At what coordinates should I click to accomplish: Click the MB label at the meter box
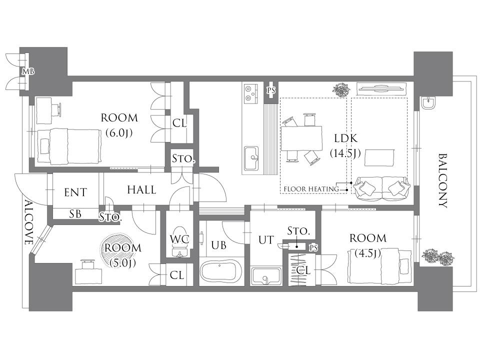point(28,71)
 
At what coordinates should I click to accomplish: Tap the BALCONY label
point(443,180)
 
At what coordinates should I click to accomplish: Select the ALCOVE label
point(28,222)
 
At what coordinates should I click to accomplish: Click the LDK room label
point(345,138)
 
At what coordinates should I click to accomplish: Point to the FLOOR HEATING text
point(311,189)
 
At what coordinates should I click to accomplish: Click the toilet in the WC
point(179,241)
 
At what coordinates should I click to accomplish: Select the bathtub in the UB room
point(220,270)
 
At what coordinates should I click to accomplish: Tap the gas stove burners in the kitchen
point(251,93)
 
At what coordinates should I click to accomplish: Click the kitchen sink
point(251,157)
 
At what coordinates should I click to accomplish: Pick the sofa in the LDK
point(381,188)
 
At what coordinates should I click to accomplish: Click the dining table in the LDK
point(301,138)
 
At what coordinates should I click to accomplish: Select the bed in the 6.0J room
point(69,146)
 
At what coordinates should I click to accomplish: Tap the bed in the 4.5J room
point(379,266)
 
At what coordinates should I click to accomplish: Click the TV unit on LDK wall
point(381,89)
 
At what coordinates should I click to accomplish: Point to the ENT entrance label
point(75,192)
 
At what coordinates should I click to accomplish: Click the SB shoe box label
point(75,213)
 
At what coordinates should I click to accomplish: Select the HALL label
point(141,190)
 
